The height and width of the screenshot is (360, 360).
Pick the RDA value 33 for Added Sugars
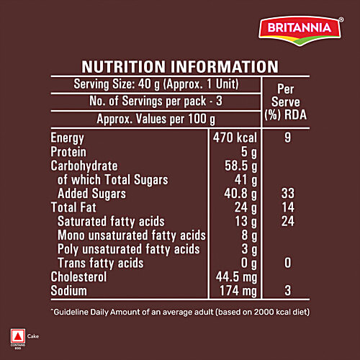click(287, 193)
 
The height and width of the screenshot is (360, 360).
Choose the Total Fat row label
click(74, 207)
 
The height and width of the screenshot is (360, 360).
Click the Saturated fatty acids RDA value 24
click(287, 221)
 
